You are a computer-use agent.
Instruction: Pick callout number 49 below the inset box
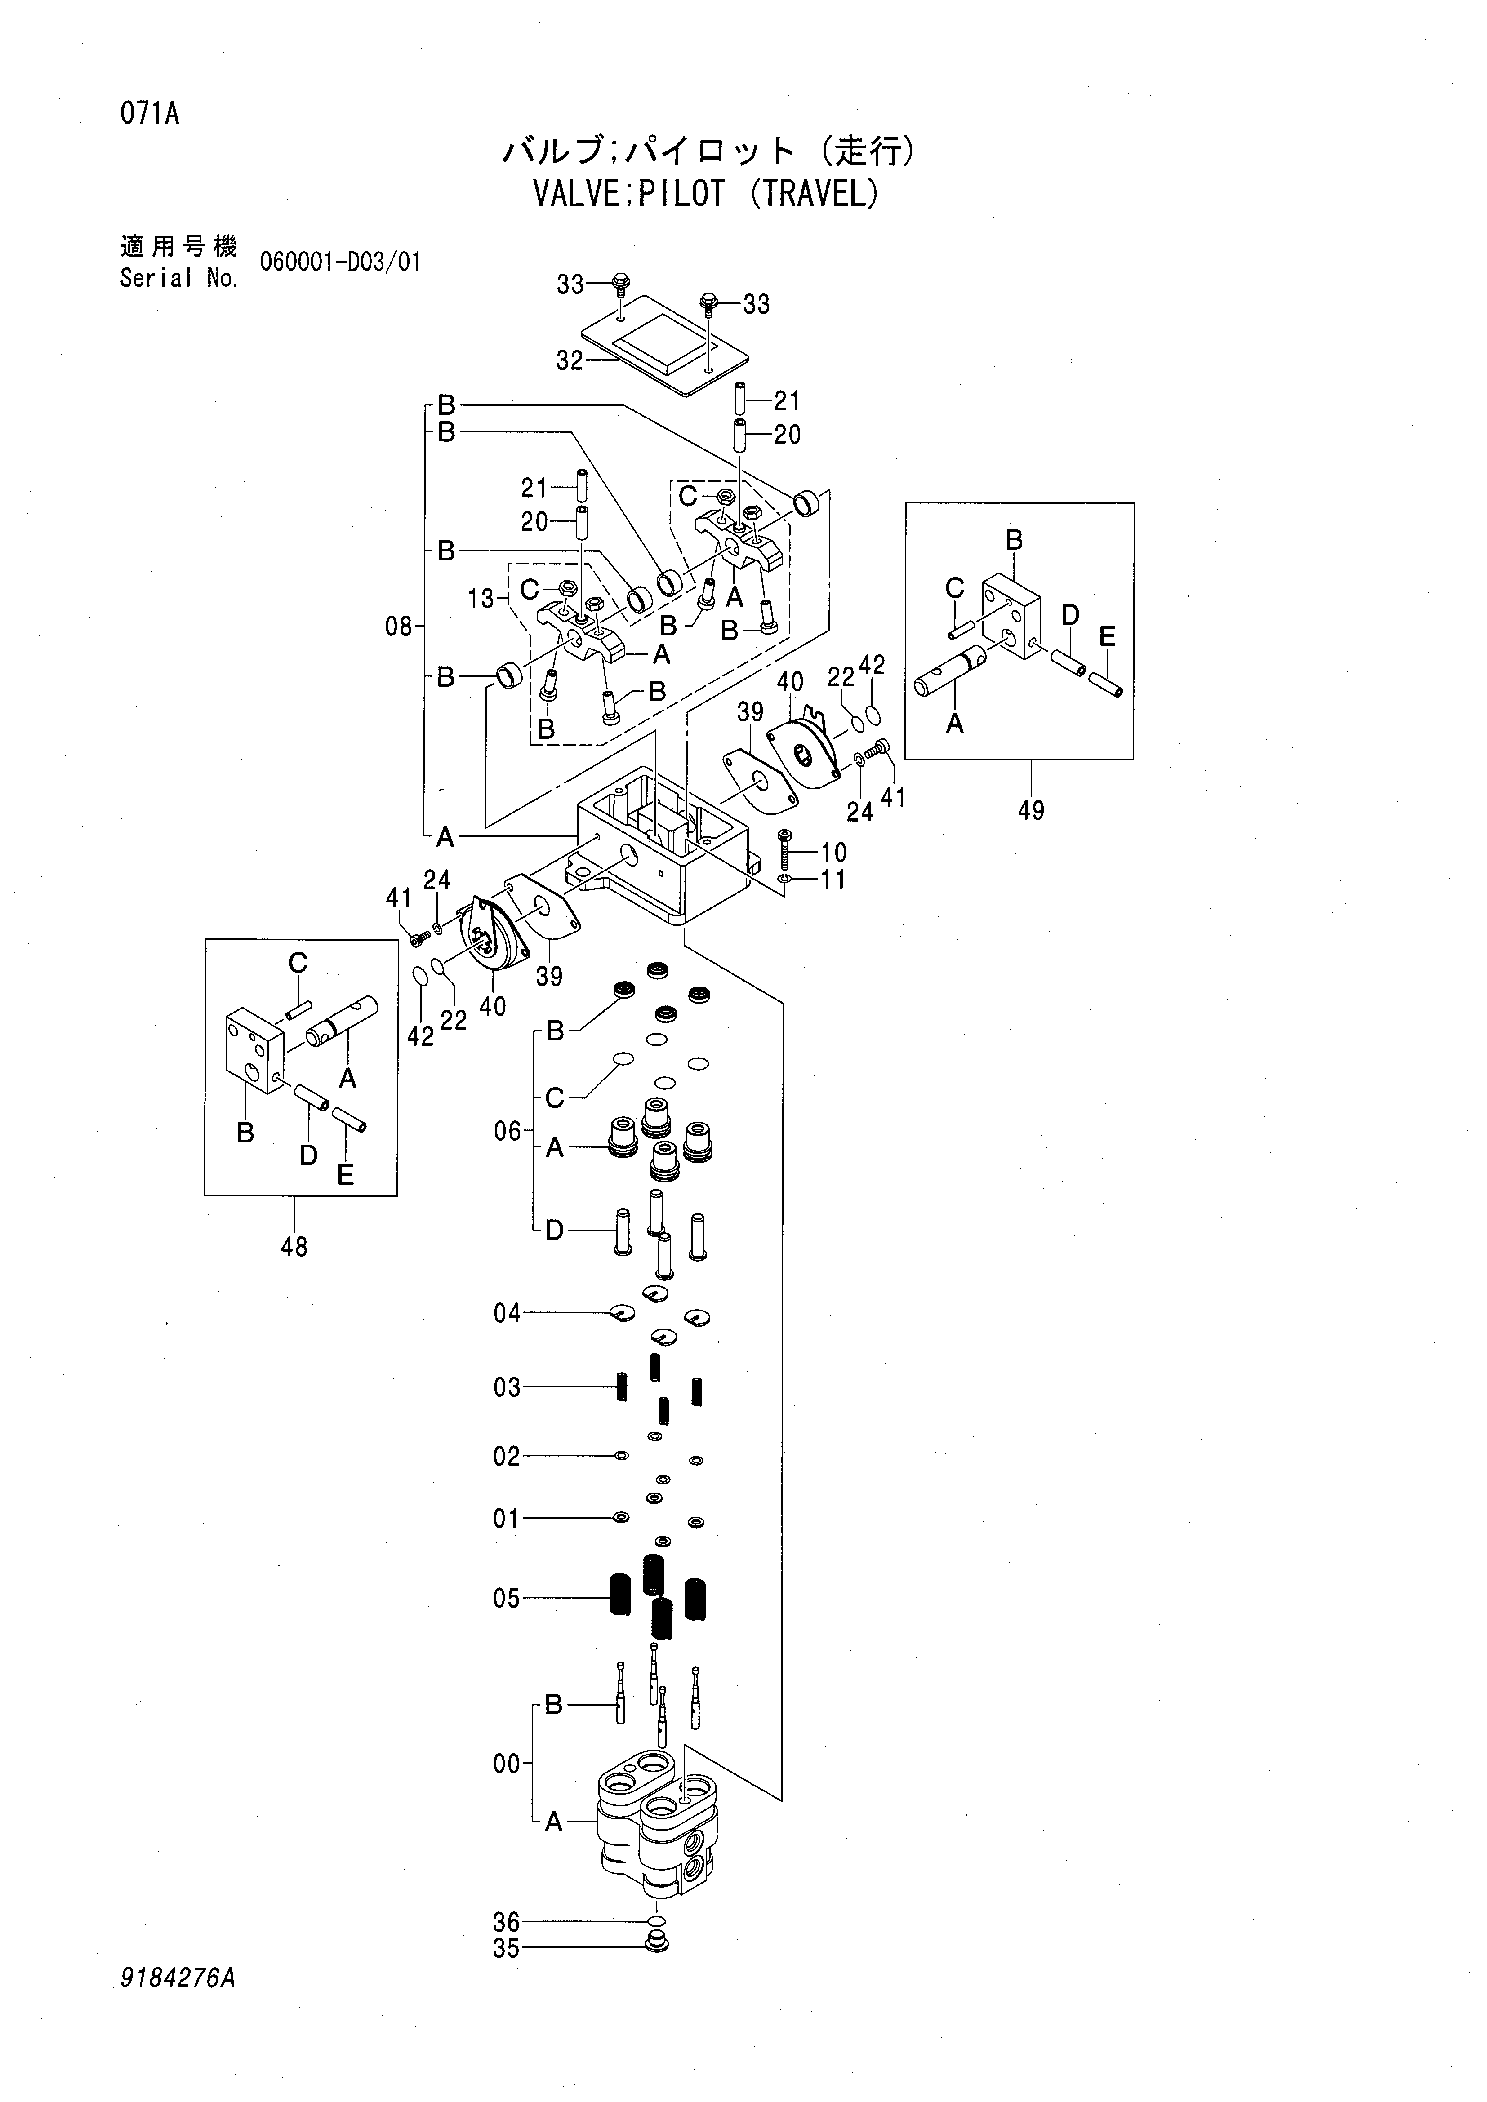1031,810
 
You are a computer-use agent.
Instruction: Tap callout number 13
481,599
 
